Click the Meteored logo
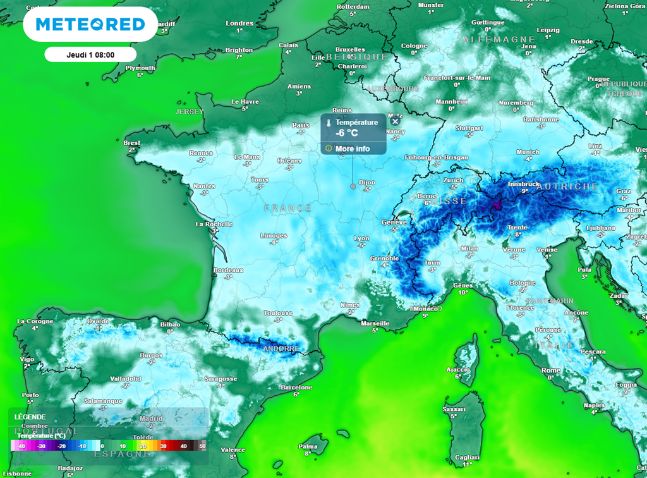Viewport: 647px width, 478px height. point(90,25)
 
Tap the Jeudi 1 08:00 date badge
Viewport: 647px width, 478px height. point(90,54)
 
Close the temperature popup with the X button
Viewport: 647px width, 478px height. point(395,121)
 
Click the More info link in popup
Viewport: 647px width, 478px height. point(353,149)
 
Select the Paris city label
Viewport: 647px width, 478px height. point(301,125)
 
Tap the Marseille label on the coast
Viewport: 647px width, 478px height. point(375,323)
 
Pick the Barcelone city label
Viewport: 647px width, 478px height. point(296,387)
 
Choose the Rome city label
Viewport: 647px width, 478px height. point(551,371)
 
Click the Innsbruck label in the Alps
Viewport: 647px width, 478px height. point(523,184)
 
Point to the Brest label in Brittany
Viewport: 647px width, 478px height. point(132,143)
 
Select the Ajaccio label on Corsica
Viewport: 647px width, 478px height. point(458,369)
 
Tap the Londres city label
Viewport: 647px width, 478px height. point(239,23)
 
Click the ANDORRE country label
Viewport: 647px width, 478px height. point(281,348)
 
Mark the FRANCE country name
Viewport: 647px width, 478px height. point(287,208)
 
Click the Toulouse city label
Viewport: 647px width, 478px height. point(278,313)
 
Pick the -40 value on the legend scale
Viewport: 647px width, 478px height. point(21,446)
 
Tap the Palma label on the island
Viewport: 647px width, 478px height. point(308,446)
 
